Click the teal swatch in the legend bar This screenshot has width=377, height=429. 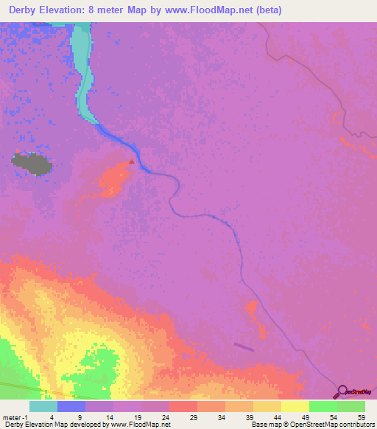click(43, 406)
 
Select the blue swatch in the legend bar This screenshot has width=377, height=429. click(71, 406)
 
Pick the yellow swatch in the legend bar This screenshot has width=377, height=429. click(295, 406)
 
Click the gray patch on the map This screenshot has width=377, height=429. click(32, 163)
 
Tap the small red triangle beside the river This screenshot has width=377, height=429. click(132, 160)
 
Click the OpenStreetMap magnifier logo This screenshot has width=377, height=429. click(343, 390)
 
